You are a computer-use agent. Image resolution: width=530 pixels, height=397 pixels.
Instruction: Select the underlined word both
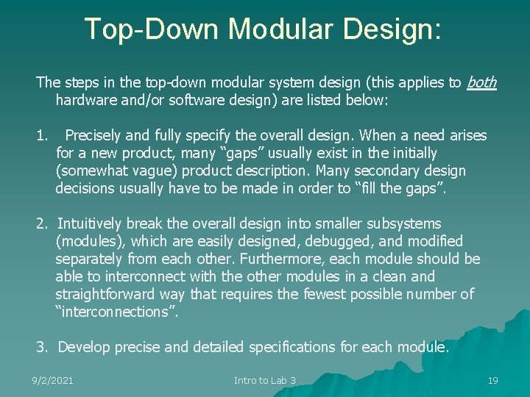click(481, 83)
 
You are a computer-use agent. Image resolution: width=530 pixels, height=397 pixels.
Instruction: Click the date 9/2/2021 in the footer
click(52, 380)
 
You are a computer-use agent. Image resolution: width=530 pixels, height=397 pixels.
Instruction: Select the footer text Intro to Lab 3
click(264, 380)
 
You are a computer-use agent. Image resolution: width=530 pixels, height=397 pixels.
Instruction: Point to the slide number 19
click(492, 380)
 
